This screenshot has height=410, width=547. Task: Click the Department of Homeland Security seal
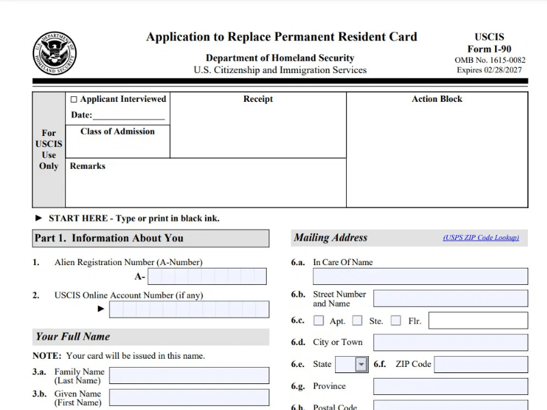click(x=55, y=53)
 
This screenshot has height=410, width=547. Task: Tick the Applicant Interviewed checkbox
click(x=74, y=100)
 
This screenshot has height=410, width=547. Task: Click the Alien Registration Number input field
click(x=206, y=277)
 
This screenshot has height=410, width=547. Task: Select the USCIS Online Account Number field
click(x=189, y=310)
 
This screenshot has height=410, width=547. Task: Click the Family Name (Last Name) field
click(x=189, y=376)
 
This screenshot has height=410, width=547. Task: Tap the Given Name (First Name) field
click(x=189, y=398)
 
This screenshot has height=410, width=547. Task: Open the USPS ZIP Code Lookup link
click(x=481, y=238)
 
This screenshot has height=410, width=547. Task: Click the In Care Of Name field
click(x=420, y=276)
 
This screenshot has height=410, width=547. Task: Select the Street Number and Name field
click(x=450, y=299)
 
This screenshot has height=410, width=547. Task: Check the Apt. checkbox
click(x=319, y=320)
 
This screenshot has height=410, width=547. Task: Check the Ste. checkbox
click(x=357, y=320)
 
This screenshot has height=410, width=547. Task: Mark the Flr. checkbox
click(x=396, y=320)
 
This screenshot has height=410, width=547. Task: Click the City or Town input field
click(x=450, y=342)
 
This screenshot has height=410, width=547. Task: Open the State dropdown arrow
click(x=361, y=365)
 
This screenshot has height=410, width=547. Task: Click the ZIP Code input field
click(x=481, y=364)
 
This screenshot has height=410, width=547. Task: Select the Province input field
click(x=450, y=386)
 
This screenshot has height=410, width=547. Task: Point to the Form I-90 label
click(x=489, y=49)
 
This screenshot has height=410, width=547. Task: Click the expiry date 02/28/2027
click(x=506, y=70)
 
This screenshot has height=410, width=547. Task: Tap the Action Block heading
click(x=437, y=99)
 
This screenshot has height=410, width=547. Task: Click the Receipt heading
click(x=258, y=99)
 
